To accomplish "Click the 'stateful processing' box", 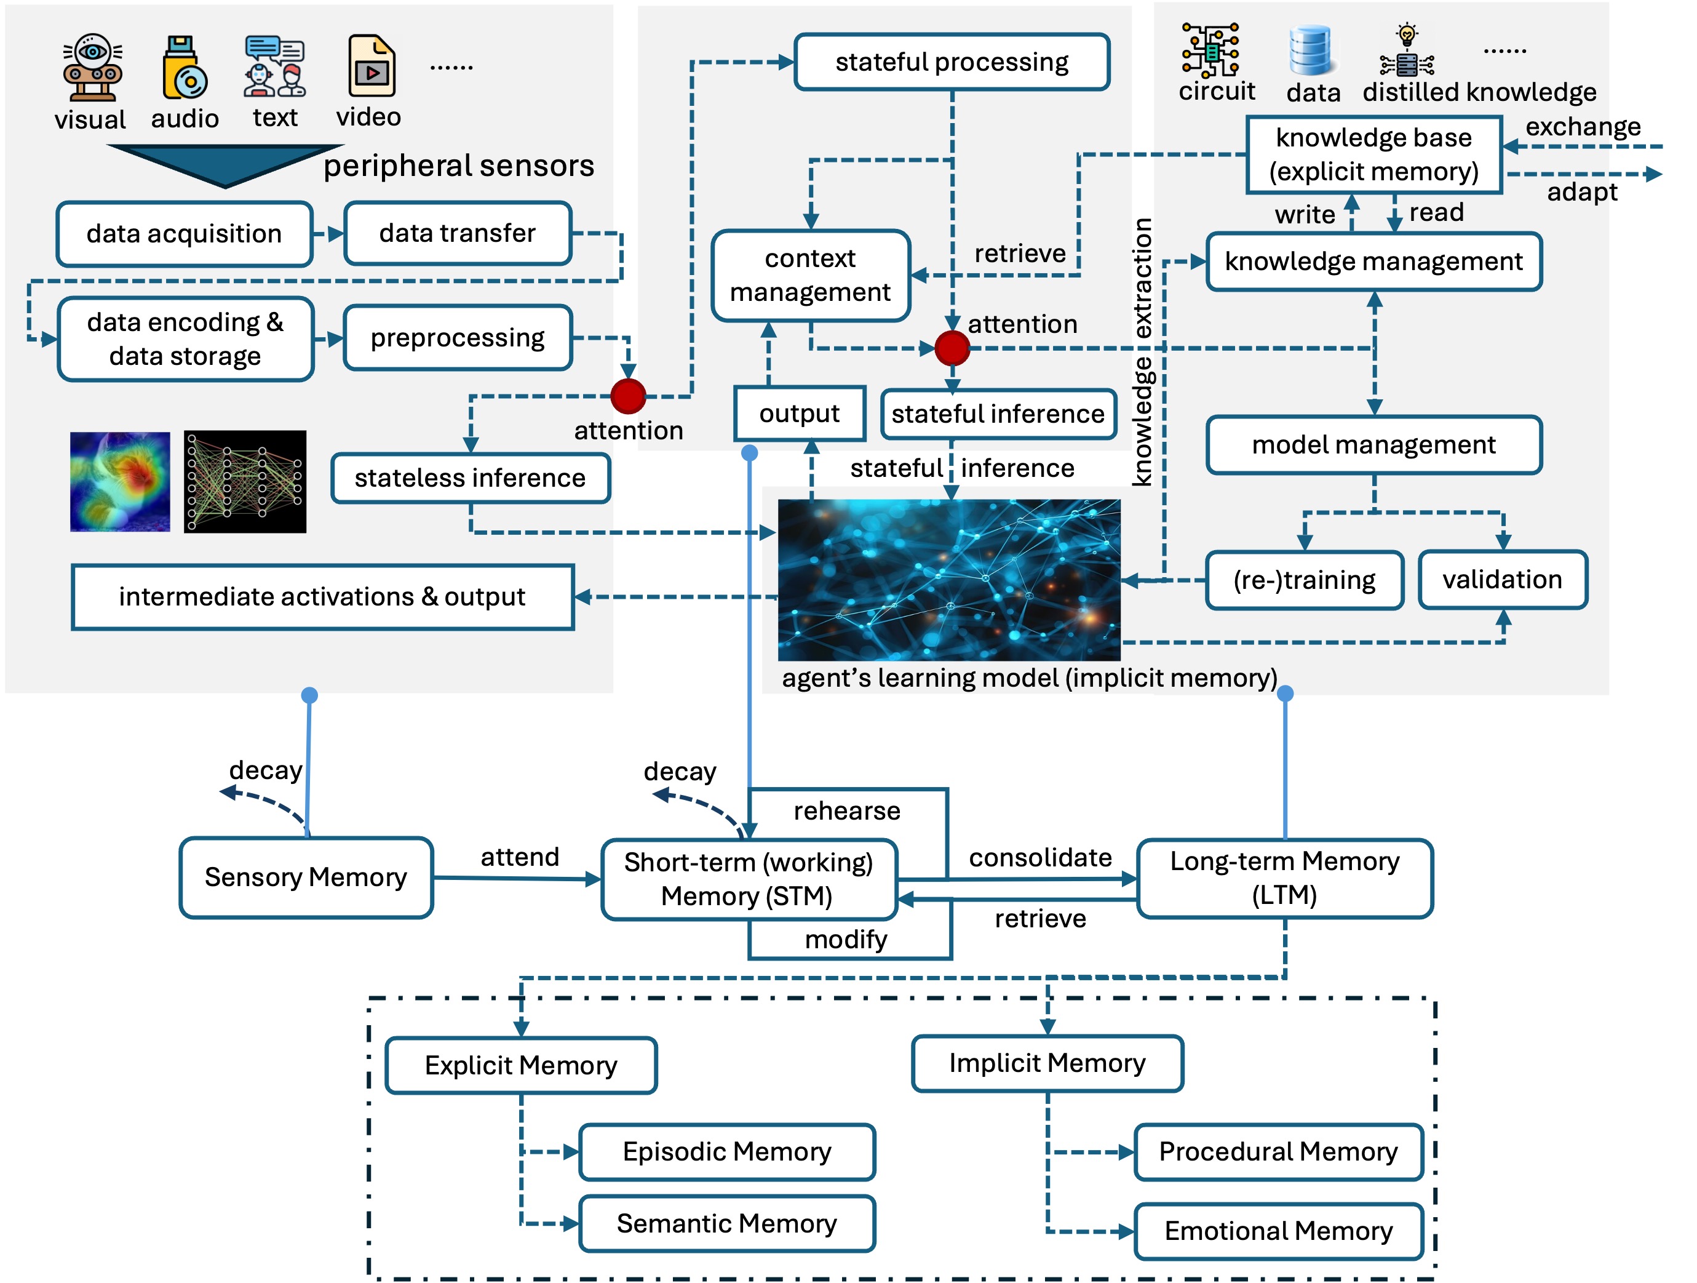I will pyautogui.click(x=952, y=62).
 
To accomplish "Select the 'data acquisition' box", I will pyautogui.click(x=184, y=234).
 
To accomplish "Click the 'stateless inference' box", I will pyautogui.click(x=471, y=478).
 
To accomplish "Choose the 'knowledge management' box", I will pyautogui.click(x=1373, y=262).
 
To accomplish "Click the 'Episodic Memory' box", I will pyautogui.click(x=726, y=1152).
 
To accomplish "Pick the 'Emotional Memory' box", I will pyautogui.click(x=1278, y=1231).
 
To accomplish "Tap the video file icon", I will pyautogui.click(x=372, y=66).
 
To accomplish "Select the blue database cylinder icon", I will pyautogui.click(x=1310, y=50).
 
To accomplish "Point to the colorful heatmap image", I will pyautogui.click(x=120, y=482).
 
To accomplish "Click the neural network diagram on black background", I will pyautogui.click(x=245, y=482).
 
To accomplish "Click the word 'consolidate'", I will pyautogui.click(x=1040, y=858).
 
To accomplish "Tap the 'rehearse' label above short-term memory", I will pyautogui.click(x=847, y=811).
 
